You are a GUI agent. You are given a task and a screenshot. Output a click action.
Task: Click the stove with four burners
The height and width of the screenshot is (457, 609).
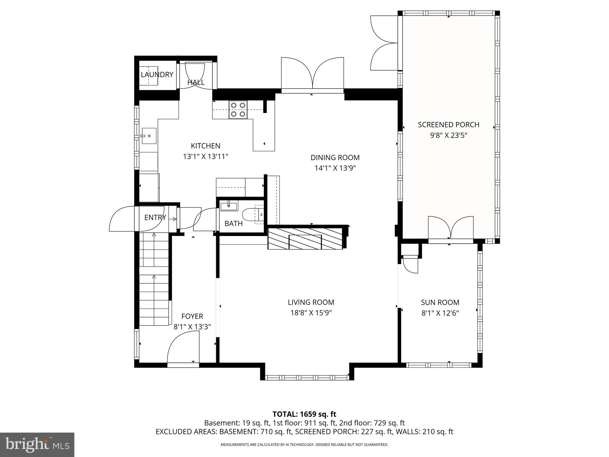[238, 110]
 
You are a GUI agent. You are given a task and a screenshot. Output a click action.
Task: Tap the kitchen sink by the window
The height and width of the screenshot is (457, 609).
[149, 136]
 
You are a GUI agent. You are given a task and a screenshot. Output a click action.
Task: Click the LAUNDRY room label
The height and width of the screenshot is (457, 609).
[157, 75]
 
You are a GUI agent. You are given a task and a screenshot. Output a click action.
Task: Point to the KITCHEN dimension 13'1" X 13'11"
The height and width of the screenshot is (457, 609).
[205, 156]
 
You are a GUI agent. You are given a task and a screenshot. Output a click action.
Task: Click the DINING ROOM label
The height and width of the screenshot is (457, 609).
[335, 157]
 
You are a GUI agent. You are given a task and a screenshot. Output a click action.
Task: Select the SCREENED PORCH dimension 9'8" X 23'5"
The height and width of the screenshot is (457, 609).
[448, 135]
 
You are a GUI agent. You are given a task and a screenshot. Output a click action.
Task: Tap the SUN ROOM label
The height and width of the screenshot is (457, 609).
[440, 302]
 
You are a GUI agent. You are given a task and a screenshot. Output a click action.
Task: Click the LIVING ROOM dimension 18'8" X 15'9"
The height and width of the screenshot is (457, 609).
[311, 313]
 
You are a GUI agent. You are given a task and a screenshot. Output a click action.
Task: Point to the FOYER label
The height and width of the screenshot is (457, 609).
[192, 316]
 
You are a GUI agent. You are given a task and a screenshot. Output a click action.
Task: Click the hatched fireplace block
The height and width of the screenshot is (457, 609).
[305, 238]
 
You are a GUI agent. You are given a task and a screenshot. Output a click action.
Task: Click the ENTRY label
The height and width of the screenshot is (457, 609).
[155, 217]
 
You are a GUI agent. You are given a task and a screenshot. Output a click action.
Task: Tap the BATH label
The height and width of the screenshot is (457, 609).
[233, 223]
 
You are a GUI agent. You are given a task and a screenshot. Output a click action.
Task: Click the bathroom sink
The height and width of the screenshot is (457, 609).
[228, 205]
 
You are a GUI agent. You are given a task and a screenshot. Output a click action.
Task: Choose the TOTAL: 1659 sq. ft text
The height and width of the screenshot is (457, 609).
[304, 414]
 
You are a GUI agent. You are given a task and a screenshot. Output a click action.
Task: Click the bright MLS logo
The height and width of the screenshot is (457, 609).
[37, 445]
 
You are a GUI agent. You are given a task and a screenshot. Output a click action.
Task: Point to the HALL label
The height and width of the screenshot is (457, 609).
[196, 82]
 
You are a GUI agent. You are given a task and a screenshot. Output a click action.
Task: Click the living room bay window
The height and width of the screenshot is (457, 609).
[307, 378]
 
